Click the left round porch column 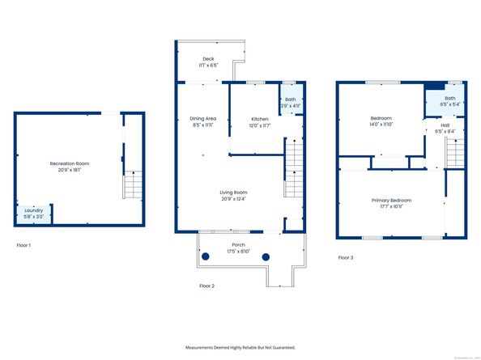click(x=206, y=256)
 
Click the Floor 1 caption click(x=23, y=244)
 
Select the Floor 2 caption click(x=208, y=286)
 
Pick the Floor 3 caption click(x=346, y=257)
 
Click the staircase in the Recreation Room click(x=133, y=184)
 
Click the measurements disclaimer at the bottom click(x=240, y=347)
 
